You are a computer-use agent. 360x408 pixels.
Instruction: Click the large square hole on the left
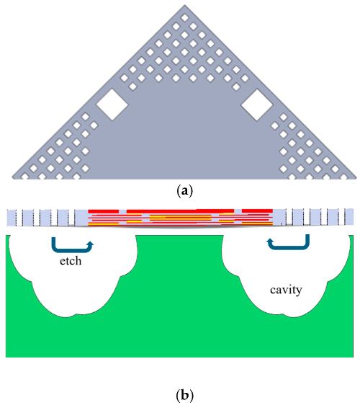[x=112, y=105]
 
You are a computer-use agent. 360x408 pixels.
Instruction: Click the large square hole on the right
[x=257, y=105]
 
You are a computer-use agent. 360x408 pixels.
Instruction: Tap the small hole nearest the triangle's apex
[x=184, y=18]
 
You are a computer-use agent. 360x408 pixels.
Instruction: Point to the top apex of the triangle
[x=184, y=4]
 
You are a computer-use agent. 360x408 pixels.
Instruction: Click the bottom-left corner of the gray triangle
[x=12, y=179]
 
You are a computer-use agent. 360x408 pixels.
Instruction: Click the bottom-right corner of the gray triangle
[x=356, y=179]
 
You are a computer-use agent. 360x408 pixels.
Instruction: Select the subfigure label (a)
[x=184, y=191]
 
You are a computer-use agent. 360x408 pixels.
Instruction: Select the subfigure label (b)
[x=184, y=396]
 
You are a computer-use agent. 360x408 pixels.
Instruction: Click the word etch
[x=71, y=261]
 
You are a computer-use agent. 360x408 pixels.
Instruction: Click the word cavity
[x=286, y=290]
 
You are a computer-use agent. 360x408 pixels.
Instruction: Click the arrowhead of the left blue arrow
[x=91, y=244]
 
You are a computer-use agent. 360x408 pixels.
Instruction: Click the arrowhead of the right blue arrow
[x=270, y=242]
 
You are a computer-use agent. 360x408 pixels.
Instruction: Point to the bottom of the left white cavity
[x=66, y=316]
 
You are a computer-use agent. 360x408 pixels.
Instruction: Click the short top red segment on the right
[x=257, y=211]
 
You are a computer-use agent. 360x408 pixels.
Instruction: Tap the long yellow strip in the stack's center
[x=180, y=217]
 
